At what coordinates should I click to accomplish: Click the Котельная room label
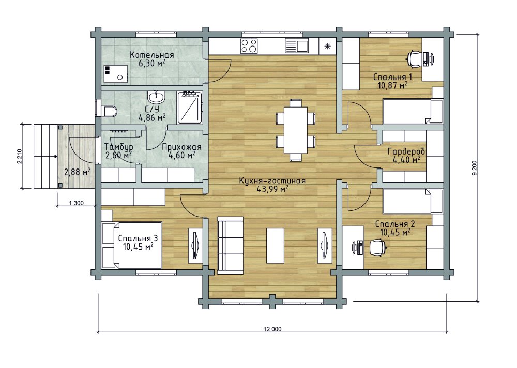[x=151, y=55]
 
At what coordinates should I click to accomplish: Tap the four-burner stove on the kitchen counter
[x=249, y=46]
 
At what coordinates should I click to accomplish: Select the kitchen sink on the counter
[x=297, y=46]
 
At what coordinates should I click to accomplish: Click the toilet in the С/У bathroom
[x=109, y=111]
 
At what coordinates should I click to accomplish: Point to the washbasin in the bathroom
[x=156, y=97]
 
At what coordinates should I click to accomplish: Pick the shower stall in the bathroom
[x=190, y=108]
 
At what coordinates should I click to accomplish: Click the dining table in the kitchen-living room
[x=295, y=130]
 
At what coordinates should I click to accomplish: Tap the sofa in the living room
[x=230, y=245]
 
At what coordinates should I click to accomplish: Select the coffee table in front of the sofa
[x=275, y=245]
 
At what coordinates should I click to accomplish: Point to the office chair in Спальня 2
[x=378, y=247]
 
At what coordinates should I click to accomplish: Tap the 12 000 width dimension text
[x=272, y=329]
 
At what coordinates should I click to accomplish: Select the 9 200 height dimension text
[x=475, y=167]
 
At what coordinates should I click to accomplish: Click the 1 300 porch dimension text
[x=77, y=203]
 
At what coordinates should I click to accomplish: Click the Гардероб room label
[x=406, y=151]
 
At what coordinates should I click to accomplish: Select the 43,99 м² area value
[x=272, y=189]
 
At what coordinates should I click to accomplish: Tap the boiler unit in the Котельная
[x=116, y=74]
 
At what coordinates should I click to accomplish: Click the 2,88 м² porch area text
[x=78, y=172]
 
